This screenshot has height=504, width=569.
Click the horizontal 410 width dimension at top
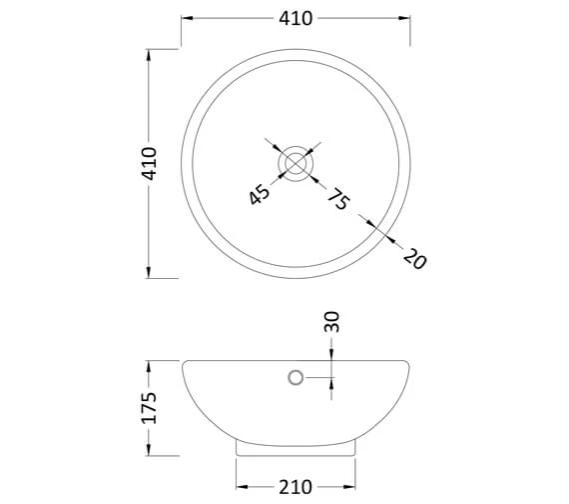coord(295,18)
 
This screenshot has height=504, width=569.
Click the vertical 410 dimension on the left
coord(149,164)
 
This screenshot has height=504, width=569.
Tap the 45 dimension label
coord(260,195)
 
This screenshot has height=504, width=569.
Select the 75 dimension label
coord(339,199)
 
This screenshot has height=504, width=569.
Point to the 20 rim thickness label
coord(415,259)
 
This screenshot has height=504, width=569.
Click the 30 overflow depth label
coord(331,322)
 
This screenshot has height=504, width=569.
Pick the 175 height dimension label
coord(149,408)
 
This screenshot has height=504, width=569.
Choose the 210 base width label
coord(295,487)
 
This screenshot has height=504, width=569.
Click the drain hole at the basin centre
coord(295,163)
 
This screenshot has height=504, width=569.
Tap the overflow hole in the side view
coord(295,378)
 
